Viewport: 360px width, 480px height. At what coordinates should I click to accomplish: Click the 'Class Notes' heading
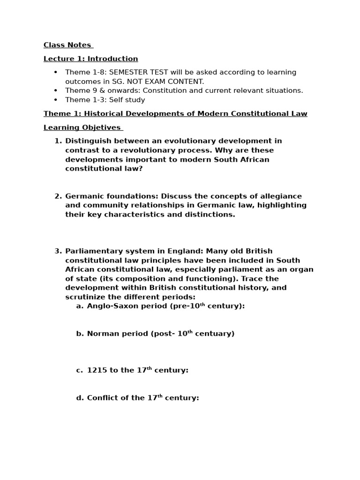[x=67, y=45]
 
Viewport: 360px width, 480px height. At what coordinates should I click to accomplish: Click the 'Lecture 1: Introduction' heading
[x=90, y=59]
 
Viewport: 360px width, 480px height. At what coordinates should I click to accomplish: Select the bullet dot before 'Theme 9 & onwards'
[x=55, y=90]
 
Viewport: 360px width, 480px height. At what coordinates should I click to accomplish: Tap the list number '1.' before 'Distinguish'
[x=58, y=141]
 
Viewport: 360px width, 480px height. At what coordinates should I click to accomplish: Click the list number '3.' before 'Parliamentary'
[x=58, y=251]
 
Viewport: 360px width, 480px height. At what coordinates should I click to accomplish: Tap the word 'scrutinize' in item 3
[x=86, y=297]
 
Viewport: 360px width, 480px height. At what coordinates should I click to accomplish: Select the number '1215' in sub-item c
[x=97, y=370]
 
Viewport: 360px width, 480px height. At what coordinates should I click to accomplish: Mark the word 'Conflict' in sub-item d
[x=103, y=398]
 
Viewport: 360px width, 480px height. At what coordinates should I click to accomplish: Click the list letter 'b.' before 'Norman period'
[x=80, y=334]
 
